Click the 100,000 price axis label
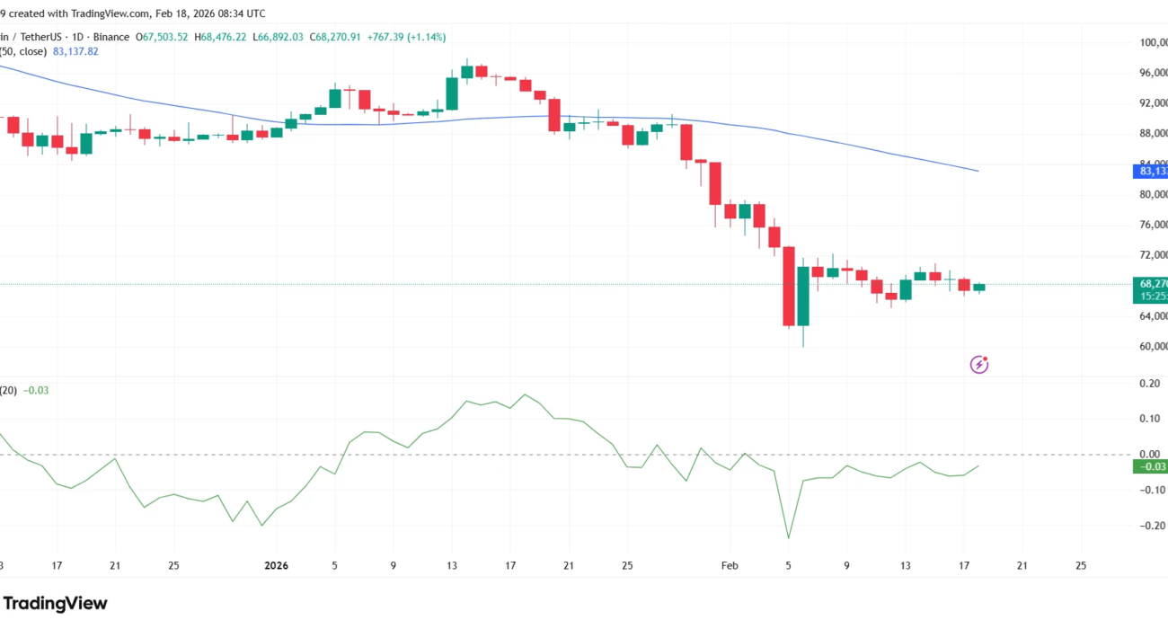(1150, 42)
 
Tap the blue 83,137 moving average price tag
(1152, 171)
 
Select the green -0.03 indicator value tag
(1151, 465)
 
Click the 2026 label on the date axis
(276, 566)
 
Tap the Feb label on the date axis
(729, 566)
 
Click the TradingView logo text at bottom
(55, 603)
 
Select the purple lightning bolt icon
(979, 364)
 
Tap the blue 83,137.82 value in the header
(76, 51)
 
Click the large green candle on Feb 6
(803, 296)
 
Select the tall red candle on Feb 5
(789, 286)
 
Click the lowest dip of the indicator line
(788, 538)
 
